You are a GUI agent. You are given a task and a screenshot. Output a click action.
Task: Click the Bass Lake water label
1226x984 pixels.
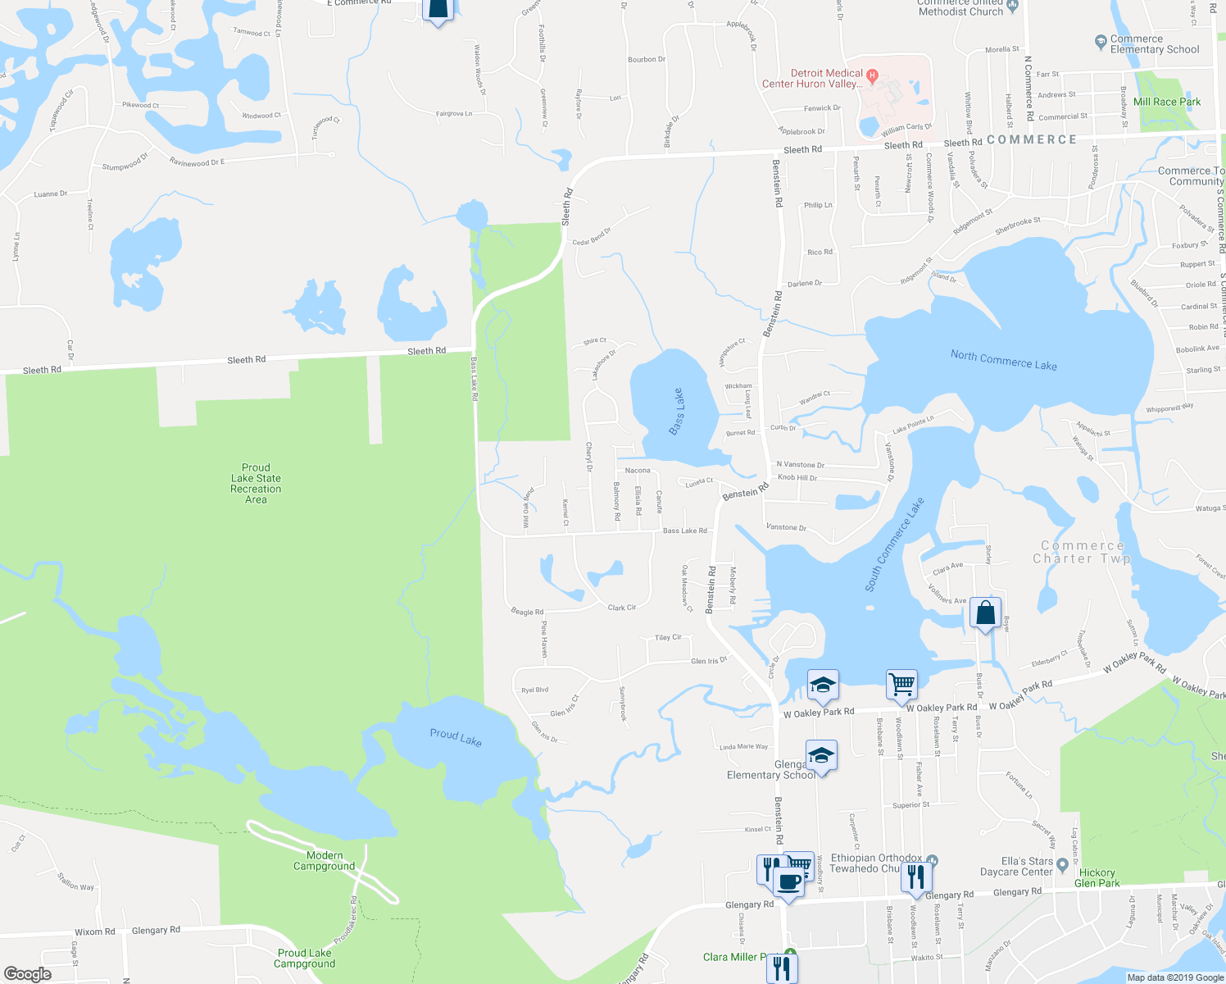click(x=677, y=412)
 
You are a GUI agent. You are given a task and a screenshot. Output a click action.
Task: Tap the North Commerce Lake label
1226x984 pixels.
click(x=1003, y=360)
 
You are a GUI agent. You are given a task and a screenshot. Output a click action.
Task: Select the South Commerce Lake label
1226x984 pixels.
click(x=894, y=544)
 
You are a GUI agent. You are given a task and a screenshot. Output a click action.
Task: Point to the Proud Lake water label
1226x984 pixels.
click(x=456, y=737)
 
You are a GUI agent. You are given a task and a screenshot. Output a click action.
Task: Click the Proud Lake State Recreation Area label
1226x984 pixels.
click(x=256, y=484)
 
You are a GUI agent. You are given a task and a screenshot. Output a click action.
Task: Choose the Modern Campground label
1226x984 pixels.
click(x=325, y=861)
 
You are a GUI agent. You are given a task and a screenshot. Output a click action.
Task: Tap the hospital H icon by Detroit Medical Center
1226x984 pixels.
click(x=873, y=77)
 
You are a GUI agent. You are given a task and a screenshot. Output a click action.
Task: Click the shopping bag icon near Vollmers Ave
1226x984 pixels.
click(x=985, y=613)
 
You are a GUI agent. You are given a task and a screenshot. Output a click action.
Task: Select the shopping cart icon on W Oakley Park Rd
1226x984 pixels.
click(x=901, y=683)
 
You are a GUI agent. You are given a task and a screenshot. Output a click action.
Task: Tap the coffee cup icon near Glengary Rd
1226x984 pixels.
click(x=788, y=882)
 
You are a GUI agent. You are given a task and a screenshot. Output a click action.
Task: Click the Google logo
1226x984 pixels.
click(x=28, y=974)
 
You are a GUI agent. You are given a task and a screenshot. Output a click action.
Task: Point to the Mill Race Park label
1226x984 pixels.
click(x=1167, y=102)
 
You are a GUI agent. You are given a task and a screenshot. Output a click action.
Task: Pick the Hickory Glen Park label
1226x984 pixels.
click(x=1097, y=877)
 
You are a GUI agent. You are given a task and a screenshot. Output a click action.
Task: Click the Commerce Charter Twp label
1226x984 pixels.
click(x=1082, y=552)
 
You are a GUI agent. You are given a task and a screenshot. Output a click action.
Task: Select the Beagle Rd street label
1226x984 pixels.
click(x=527, y=612)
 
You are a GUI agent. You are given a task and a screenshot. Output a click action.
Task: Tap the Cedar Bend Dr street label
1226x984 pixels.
click(x=592, y=237)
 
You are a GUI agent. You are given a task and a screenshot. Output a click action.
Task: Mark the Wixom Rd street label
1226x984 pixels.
click(x=95, y=932)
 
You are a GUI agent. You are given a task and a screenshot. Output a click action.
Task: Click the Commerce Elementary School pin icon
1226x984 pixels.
click(x=1101, y=41)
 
